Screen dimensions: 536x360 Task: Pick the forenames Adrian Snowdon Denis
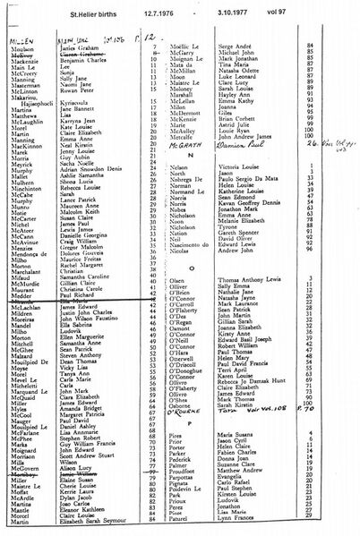[107, 167]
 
